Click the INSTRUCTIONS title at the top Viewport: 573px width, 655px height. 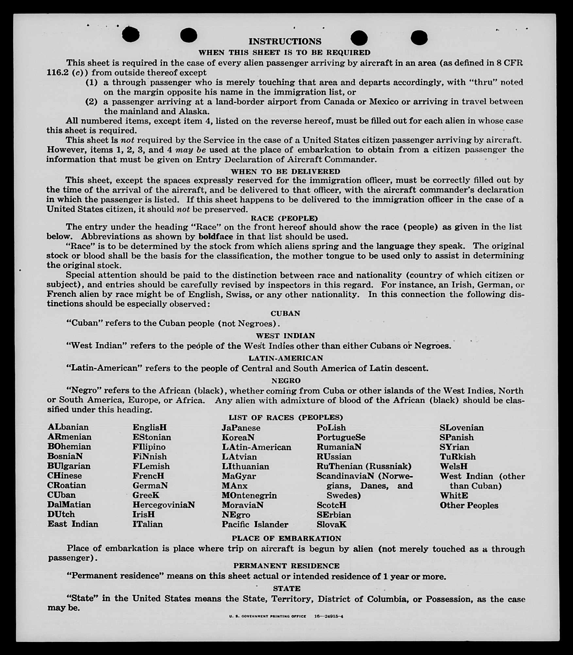pyautogui.click(x=285, y=42)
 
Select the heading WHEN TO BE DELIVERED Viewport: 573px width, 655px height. pyautogui.click(x=285, y=171)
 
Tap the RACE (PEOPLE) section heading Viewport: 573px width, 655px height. pyautogui.click(x=284, y=218)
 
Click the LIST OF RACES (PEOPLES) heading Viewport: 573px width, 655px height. pyautogui.click(x=285, y=418)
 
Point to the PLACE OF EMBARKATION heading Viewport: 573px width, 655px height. pyautogui.click(x=286, y=539)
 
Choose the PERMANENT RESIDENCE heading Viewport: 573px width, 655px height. pyautogui.click(x=286, y=566)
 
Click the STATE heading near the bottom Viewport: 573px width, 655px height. pyautogui.click(x=286, y=589)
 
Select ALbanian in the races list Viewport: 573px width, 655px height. pyautogui.click(x=68, y=427)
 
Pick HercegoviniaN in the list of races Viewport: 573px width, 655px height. pyautogui.click(x=163, y=505)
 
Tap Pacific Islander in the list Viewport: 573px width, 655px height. pyautogui.click(x=255, y=525)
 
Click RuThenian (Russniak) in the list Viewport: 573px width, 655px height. pyautogui.click(x=364, y=466)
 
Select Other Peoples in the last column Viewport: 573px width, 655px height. pyautogui.click(x=469, y=505)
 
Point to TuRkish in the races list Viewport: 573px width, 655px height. pyautogui.click(x=457, y=457)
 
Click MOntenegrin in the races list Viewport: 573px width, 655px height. pyautogui.click(x=249, y=495)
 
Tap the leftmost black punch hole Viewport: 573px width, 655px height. pyautogui.click(x=131, y=34)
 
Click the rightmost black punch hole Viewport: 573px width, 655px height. pyautogui.click(x=419, y=38)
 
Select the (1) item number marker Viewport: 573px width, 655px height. pyautogui.click(x=92, y=82)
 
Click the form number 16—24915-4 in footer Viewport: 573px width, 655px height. pyautogui.click(x=329, y=617)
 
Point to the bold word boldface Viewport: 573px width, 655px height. pyautogui.click(x=216, y=236)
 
